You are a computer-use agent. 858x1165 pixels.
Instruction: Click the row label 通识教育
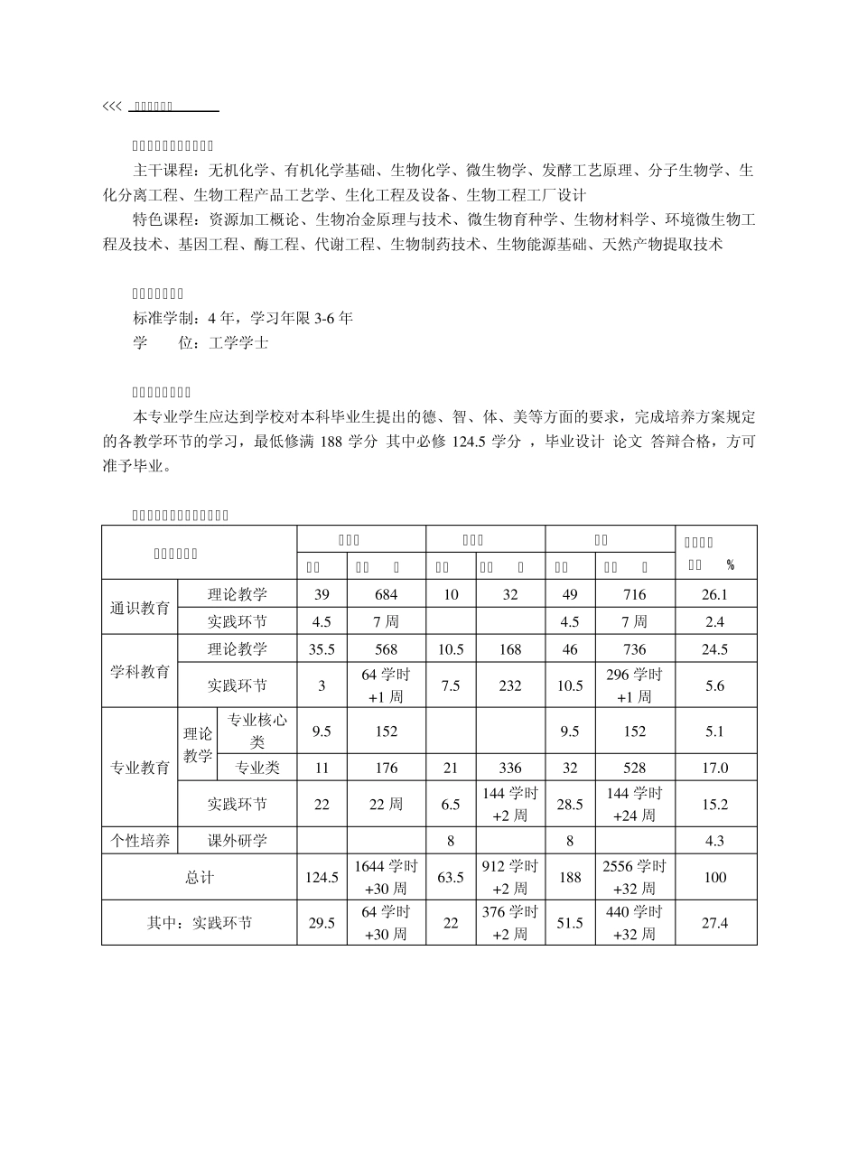[x=140, y=608]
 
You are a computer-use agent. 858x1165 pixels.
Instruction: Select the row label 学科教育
[x=140, y=672]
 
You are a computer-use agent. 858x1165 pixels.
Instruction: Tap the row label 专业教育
[x=140, y=768]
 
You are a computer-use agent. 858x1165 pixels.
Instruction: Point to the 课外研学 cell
[x=238, y=841]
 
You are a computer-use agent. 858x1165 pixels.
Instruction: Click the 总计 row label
[x=200, y=877]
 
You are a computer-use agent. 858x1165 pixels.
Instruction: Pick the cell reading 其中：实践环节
[x=200, y=923]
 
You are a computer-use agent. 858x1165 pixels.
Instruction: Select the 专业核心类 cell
[x=257, y=732]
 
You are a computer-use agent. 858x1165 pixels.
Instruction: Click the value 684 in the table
[x=386, y=594]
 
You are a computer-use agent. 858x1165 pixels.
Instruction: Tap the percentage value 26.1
[x=714, y=594]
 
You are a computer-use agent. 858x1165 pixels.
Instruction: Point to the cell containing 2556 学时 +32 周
[x=634, y=877]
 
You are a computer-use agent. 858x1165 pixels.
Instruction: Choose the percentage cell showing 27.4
[x=714, y=923]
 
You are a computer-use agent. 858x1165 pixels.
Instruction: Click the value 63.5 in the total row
[x=451, y=877]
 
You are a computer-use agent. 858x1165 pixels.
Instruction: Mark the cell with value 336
[x=510, y=768]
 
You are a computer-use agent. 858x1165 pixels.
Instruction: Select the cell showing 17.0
[x=714, y=768]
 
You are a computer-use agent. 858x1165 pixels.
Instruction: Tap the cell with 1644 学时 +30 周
[x=386, y=877]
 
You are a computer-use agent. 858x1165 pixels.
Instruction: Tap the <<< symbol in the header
[x=111, y=107]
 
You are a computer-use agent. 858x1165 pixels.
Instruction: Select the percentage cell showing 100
[x=714, y=877]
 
